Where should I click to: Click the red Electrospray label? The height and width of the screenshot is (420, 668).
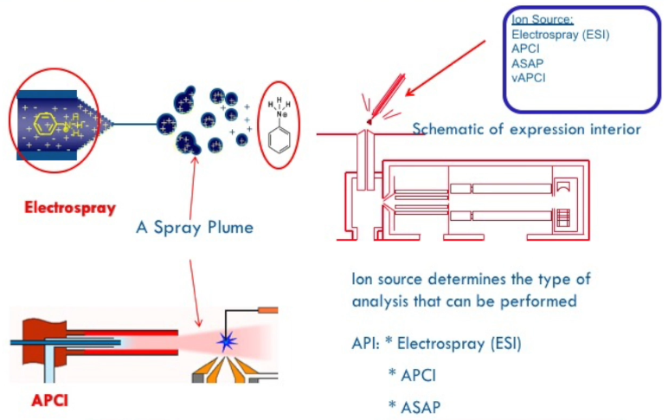click(69, 208)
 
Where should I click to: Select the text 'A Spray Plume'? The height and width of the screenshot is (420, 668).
click(195, 228)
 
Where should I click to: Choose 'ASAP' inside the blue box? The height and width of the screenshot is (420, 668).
click(527, 63)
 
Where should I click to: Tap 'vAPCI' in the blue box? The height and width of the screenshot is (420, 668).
click(529, 78)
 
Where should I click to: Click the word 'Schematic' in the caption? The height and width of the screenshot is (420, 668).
click(447, 130)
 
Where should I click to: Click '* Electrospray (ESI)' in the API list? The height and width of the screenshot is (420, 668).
click(453, 343)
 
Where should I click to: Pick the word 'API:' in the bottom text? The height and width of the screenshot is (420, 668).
click(365, 343)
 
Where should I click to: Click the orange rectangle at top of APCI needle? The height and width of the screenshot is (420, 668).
click(267, 309)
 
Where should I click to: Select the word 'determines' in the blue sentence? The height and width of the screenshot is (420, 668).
click(455, 281)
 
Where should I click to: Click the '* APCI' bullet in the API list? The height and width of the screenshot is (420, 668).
click(410, 374)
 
